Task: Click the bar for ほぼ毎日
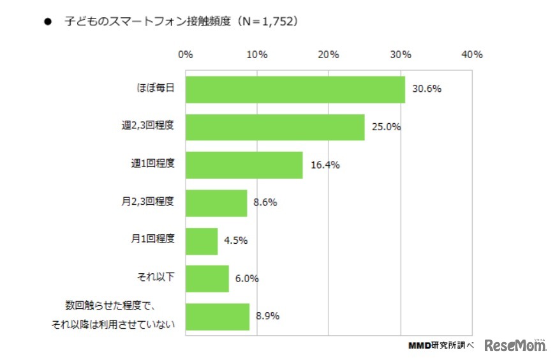[295, 89]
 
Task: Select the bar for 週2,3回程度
[274, 127]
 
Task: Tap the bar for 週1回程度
[244, 165]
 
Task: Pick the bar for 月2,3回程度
[216, 203]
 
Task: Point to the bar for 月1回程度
[201, 241]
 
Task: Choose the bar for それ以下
[207, 278]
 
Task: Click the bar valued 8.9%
[217, 316]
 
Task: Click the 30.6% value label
[426, 89]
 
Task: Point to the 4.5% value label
[235, 241]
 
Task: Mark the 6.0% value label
[246, 278]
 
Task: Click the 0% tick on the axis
[185, 55]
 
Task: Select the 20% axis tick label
[328, 55]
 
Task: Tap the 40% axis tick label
[471, 55]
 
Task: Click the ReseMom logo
[515, 346]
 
